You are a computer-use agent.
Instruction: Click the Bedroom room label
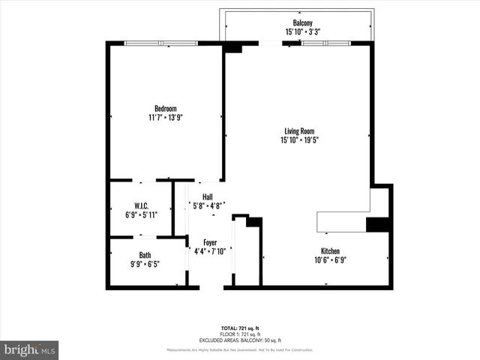(166, 109)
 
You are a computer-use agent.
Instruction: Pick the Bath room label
(145, 255)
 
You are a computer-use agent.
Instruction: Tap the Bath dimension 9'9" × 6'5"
(145, 264)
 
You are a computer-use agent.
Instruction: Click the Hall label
(207, 196)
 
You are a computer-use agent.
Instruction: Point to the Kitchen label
(331, 250)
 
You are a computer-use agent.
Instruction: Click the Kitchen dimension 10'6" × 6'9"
(331, 259)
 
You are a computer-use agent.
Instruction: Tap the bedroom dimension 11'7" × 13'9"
(166, 118)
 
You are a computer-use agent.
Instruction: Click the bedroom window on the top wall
(161, 43)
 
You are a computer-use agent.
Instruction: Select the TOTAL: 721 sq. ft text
(240, 328)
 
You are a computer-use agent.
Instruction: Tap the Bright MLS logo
(30, 349)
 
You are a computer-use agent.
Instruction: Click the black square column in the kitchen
(376, 225)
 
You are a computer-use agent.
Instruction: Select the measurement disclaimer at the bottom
(240, 350)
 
